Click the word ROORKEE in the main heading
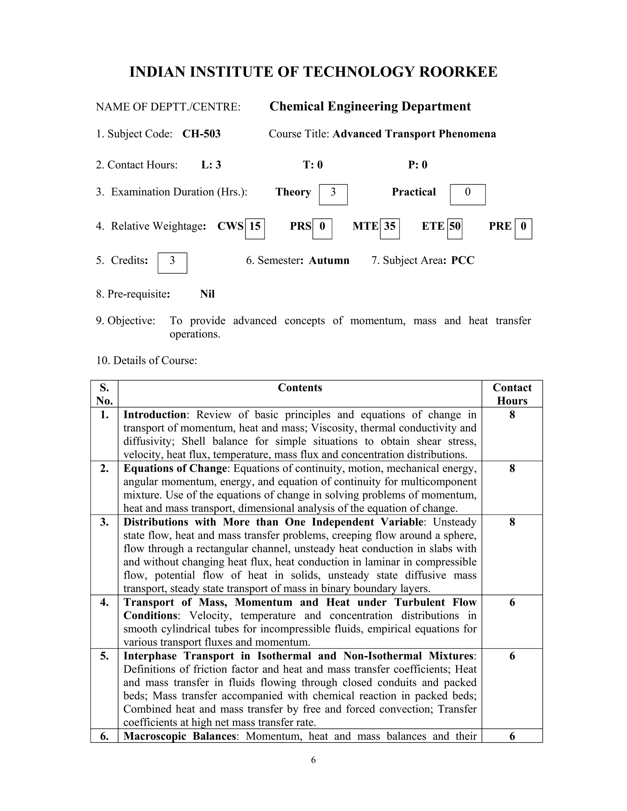(458, 72)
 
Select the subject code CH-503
(201, 134)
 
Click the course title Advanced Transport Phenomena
(414, 134)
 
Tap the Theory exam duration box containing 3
(333, 194)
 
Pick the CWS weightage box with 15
(255, 228)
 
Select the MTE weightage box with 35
(390, 228)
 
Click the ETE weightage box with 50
(455, 228)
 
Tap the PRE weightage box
(523, 228)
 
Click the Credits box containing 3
(172, 263)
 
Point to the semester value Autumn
(329, 260)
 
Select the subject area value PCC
(463, 260)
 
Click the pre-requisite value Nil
(207, 294)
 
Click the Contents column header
(300, 388)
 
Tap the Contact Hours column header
(512, 394)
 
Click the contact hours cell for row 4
(512, 602)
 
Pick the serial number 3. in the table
(104, 522)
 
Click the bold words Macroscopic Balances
(179, 736)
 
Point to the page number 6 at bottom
(313, 760)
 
